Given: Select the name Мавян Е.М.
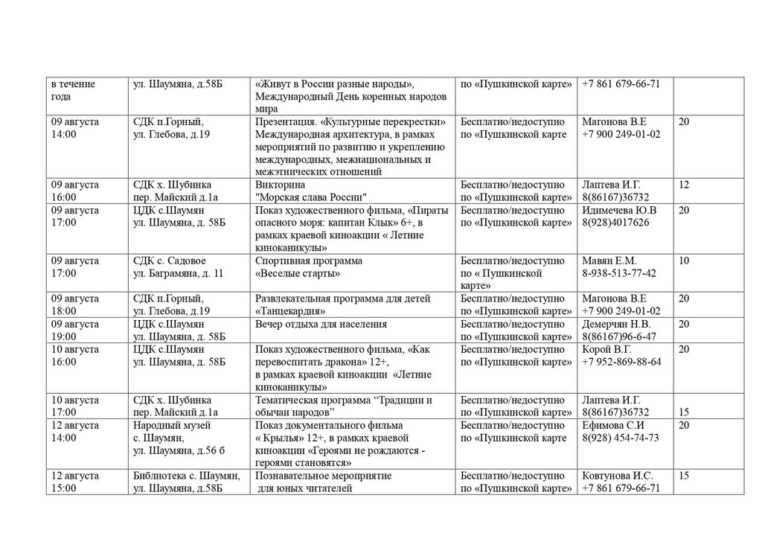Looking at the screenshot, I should pyautogui.click(x=609, y=261).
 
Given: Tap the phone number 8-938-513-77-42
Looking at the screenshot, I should pyautogui.click(x=619, y=273).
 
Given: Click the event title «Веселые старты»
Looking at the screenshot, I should pyautogui.click(x=298, y=273).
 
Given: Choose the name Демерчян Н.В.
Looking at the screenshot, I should pyautogui.click(x=616, y=324).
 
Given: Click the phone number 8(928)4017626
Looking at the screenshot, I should pyautogui.click(x=615, y=223).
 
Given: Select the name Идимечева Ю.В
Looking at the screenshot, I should pyautogui.click(x=619, y=210).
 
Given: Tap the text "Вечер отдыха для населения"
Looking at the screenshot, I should pyautogui.click(x=321, y=324).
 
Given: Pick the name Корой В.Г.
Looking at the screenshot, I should pyautogui.click(x=606, y=349).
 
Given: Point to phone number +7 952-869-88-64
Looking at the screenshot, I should pyautogui.click(x=621, y=362).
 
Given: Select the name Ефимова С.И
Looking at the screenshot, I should pyautogui.click(x=613, y=425).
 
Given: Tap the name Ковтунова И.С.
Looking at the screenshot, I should pyautogui.click(x=618, y=476).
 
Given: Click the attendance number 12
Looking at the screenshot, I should pyautogui.click(x=684, y=185).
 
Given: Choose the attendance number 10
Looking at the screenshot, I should pyautogui.click(x=684, y=261).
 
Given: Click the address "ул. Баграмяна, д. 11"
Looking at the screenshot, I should pyautogui.click(x=178, y=273).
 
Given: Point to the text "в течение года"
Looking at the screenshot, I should pyautogui.click(x=73, y=90).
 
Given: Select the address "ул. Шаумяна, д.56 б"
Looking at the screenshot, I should pyautogui.click(x=178, y=450).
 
